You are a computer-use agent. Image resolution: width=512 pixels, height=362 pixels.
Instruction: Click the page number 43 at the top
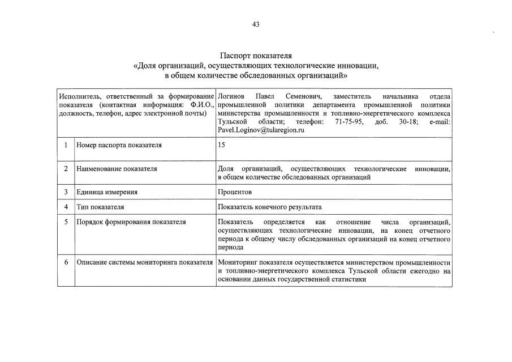(x=256, y=24)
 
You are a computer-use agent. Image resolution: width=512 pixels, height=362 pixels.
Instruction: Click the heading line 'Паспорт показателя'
(x=256, y=56)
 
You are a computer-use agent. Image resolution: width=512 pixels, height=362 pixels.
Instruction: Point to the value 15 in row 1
(x=221, y=145)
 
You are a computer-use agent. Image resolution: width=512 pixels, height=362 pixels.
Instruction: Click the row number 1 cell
(x=66, y=145)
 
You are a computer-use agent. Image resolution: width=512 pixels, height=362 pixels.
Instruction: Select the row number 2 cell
(x=66, y=169)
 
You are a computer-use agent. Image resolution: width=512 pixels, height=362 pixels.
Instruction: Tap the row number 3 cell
(x=66, y=192)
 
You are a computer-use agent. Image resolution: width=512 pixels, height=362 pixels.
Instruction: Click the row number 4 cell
(x=66, y=207)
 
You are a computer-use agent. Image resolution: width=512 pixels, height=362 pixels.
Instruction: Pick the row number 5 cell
(x=66, y=222)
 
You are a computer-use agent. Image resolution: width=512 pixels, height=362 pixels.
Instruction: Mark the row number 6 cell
(x=66, y=262)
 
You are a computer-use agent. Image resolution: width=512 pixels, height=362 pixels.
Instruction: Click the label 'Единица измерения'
(x=107, y=192)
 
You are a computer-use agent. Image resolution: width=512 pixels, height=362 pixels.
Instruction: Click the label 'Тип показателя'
(x=100, y=207)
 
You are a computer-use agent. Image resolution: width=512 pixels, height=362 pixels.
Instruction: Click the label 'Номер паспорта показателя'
(x=119, y=145)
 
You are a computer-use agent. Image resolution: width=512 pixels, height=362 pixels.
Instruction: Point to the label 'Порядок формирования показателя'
(x=131, y=222)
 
